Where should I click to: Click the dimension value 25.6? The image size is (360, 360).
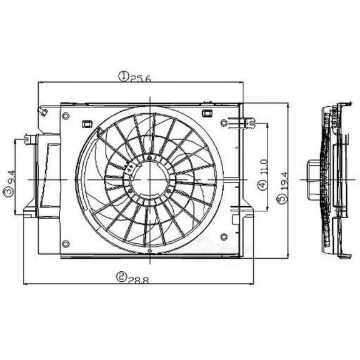[141, 77]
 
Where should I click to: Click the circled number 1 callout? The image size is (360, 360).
[124, 77]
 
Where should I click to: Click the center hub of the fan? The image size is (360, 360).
[150, 180]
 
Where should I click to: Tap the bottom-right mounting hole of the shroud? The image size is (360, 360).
[232, 244]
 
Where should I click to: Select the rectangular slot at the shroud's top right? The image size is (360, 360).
[207, 113]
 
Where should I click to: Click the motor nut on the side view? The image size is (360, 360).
[312, 173]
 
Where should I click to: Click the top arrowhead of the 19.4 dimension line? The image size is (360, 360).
[287, 106]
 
